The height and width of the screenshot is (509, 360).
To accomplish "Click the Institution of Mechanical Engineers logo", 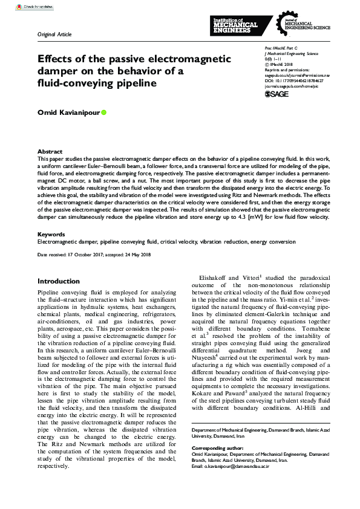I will point(236,25).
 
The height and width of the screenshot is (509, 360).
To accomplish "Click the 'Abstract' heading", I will point(50,152).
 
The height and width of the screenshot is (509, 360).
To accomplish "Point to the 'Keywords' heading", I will point(51,234).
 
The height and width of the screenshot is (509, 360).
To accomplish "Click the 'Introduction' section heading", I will point(59,281).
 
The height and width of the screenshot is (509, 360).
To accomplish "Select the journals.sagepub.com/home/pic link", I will point(294,86).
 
